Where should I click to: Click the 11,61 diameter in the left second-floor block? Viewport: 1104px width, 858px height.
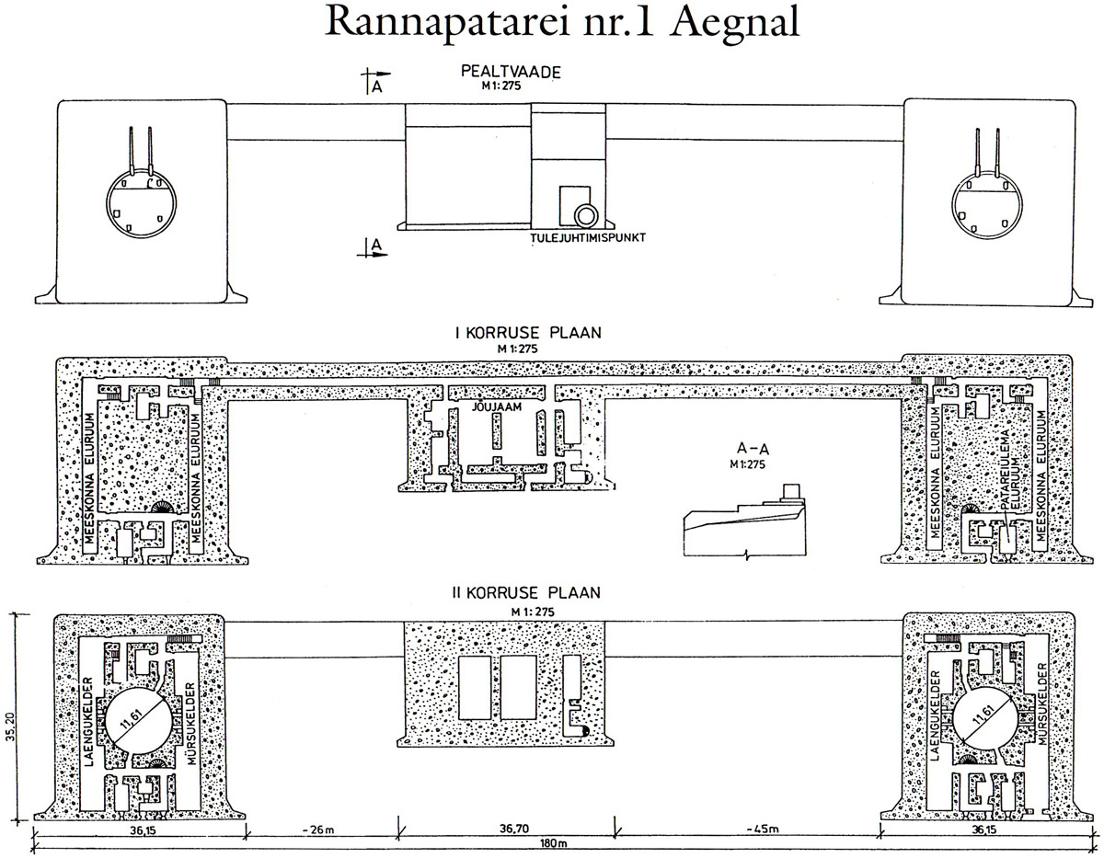[138, 721]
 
